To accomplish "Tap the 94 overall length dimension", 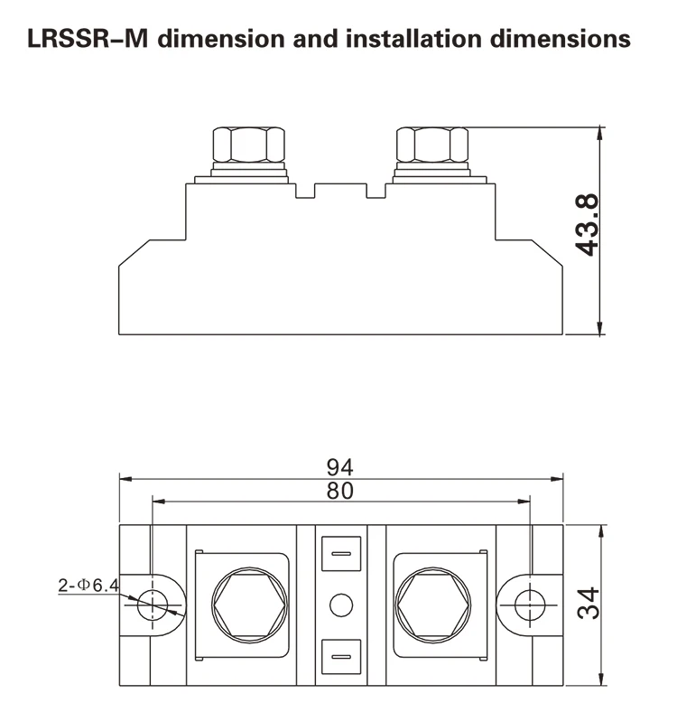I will [339, 467].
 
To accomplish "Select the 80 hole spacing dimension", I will [339, 491].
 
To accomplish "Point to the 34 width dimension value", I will [589, 604].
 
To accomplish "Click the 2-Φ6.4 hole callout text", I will [88, 586].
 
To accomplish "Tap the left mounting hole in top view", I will [153, 605].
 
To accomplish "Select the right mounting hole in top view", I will [528, 605].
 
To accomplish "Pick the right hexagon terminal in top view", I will [431, 605].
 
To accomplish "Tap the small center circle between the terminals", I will [339, 605].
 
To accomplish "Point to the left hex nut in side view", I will [246, 145].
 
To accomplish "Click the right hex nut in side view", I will [432, 145].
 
